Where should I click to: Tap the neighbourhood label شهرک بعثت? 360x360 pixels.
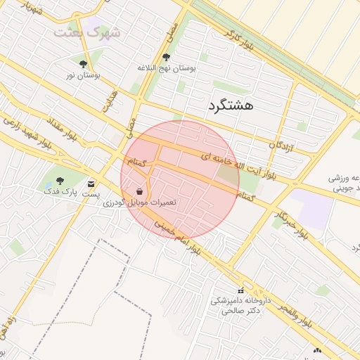point(86,32)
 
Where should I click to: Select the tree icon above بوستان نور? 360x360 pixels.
point(84,64)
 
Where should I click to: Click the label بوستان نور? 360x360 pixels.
point(84,75)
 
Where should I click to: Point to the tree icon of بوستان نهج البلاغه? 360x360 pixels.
point(167,58)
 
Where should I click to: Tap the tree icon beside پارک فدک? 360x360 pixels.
point(59,181)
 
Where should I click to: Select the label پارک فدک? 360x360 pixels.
point(59,191)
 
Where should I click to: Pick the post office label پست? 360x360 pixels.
point(91,194)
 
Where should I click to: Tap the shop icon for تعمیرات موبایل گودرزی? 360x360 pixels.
point(141,191)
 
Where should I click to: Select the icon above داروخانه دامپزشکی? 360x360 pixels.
point(240,290)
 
